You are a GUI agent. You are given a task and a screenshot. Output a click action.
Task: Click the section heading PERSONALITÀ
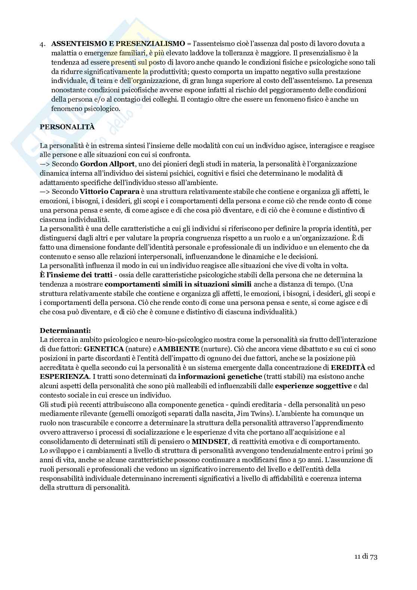click(x=67, y=127)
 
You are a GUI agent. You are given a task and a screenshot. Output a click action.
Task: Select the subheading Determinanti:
click(x=65, y=330)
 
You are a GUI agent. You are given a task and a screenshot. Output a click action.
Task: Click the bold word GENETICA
click(x=104, y=349)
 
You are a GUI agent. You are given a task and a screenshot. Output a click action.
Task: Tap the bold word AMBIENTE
click(x=179, y=349)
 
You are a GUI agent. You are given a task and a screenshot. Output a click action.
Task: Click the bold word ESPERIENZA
click(x=64, y=377)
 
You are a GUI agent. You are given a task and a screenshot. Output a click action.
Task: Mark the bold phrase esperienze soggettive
click(x=313, y=386)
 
